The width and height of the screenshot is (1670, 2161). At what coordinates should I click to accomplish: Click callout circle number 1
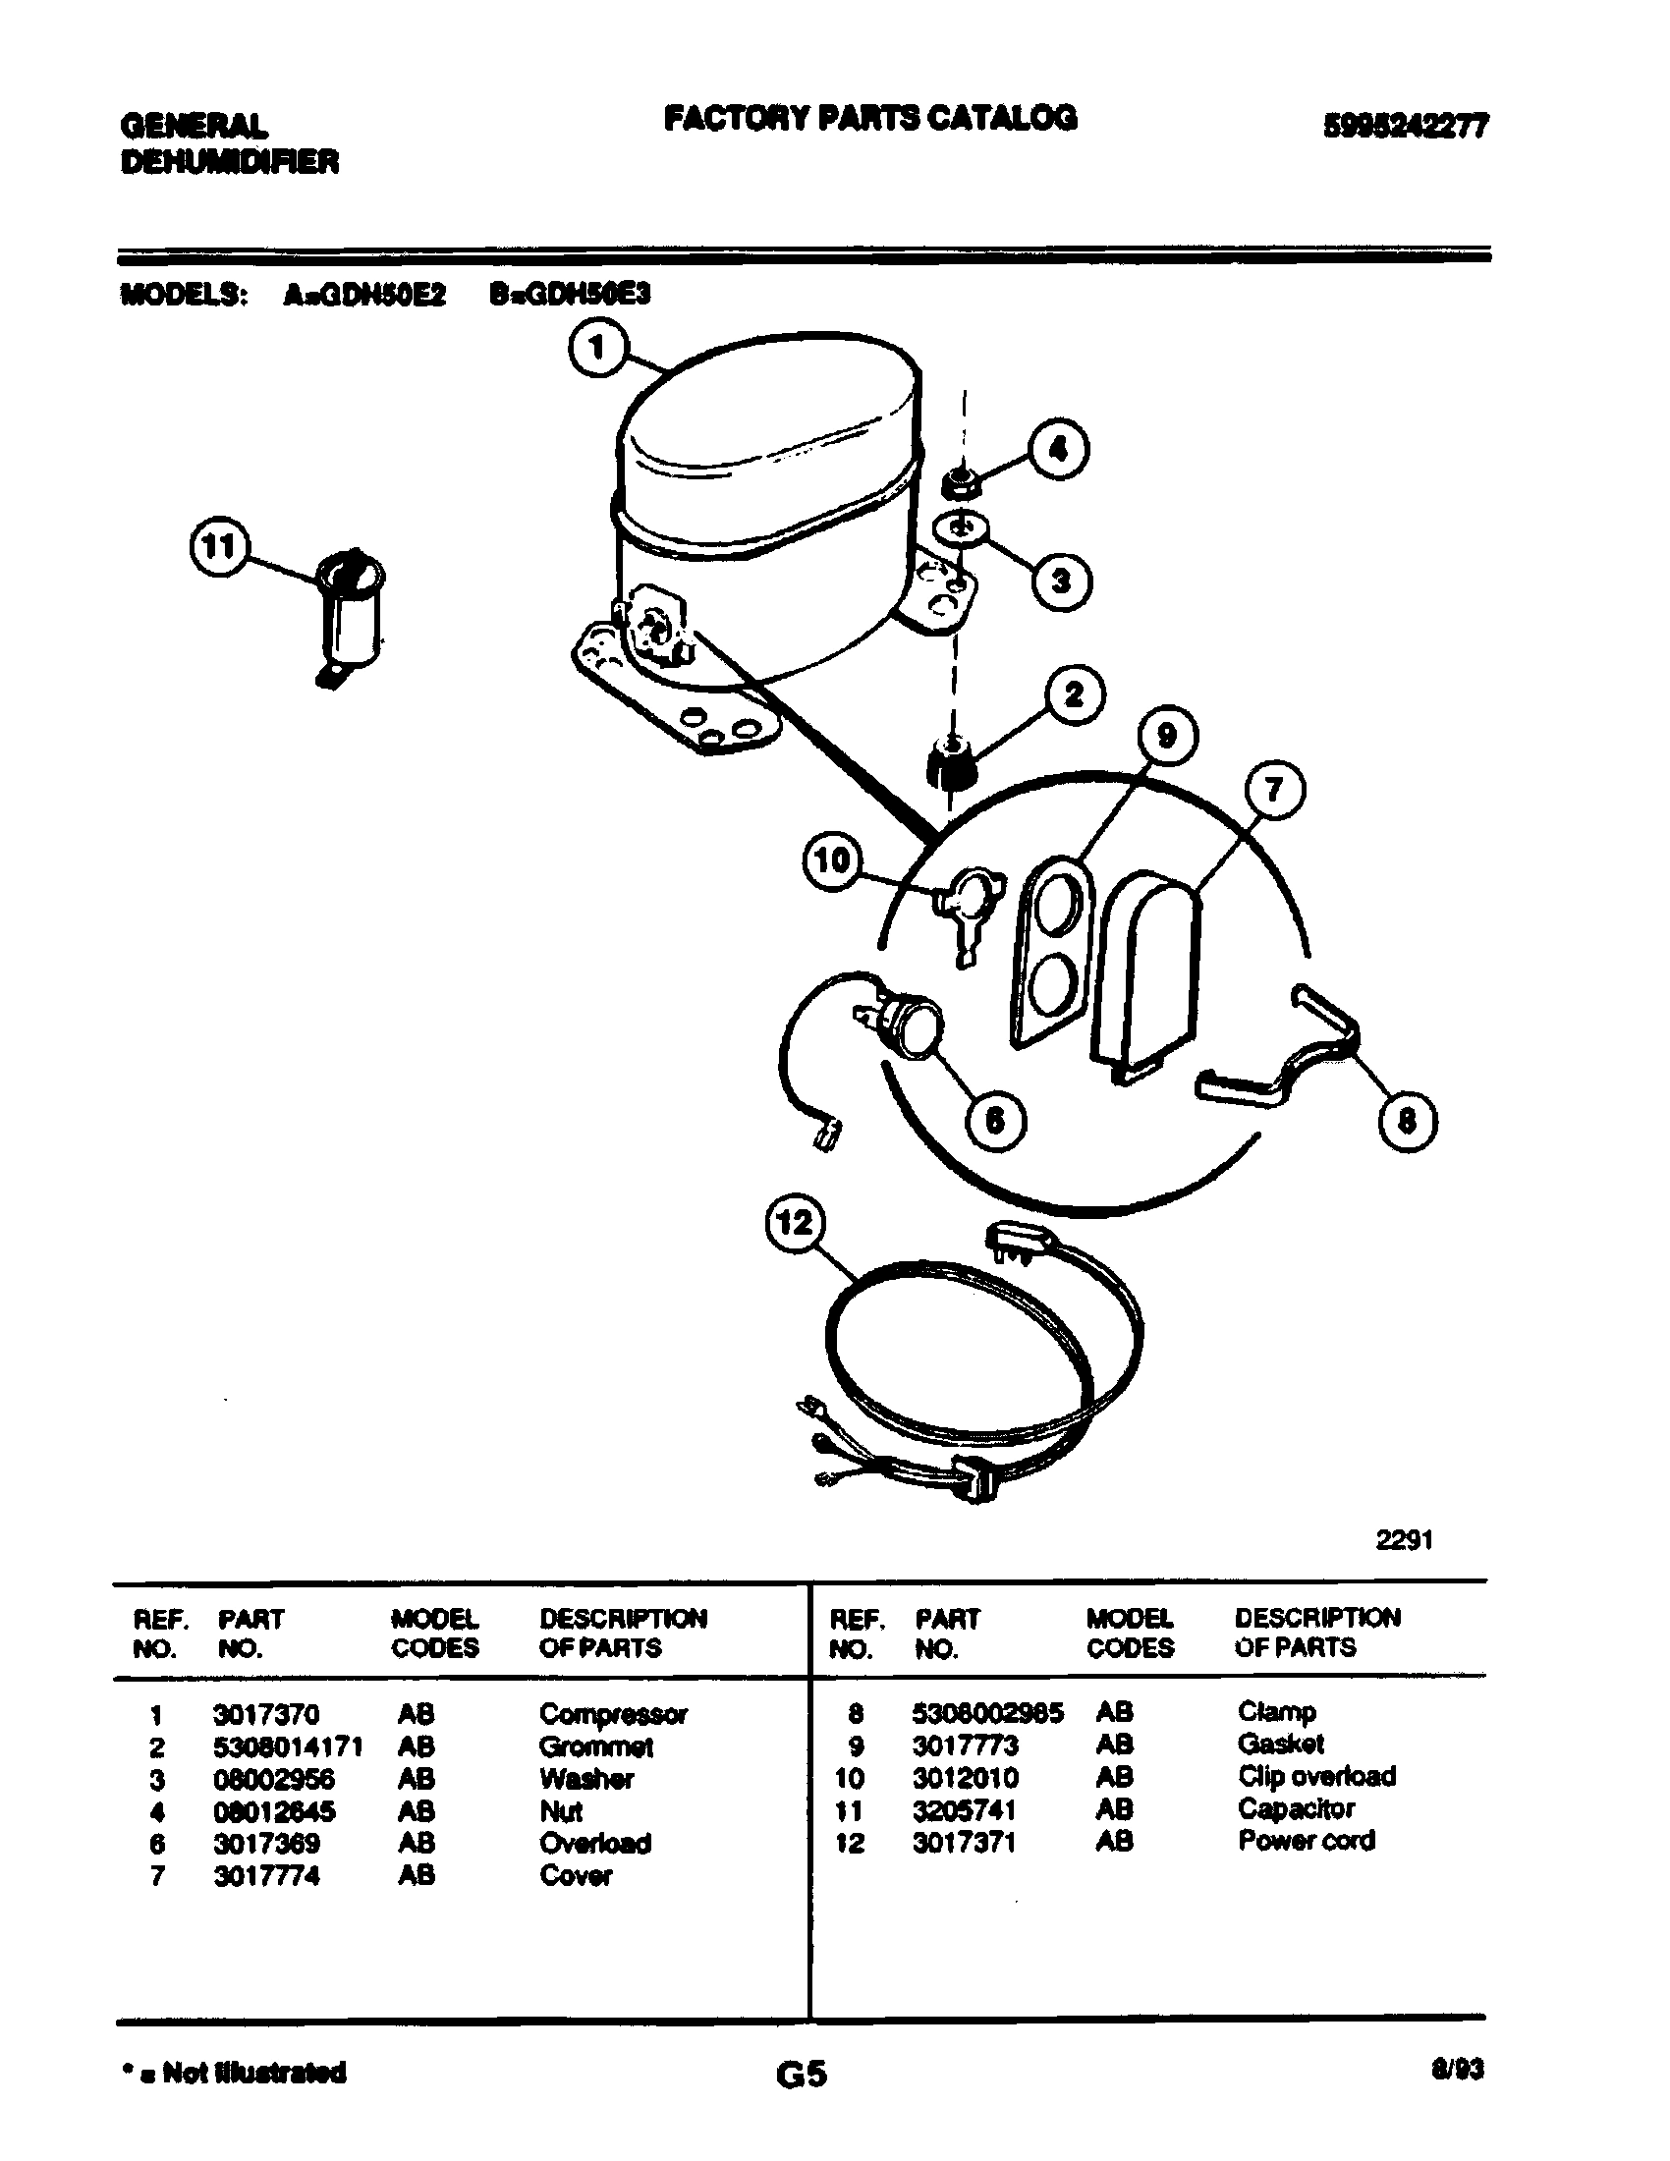pyautogui.click(x=597, y=352)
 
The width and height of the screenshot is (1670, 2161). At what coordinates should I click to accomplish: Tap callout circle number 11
pyautogui.click(x=219, y=547)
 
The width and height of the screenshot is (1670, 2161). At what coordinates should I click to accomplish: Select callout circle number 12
pyautogui.click(x=795, y=1223)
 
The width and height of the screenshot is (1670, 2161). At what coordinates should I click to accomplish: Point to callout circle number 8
pyautogui.click(x=1407, y=1121)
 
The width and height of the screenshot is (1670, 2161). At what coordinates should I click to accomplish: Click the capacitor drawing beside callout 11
pyautogui.click(x=350, y=614)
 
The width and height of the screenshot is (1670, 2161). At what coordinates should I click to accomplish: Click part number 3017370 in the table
pyautogui.click(x=266, y=1714)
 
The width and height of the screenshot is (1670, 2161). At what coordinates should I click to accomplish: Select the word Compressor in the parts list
pyautogui.click(x=612, y=1714)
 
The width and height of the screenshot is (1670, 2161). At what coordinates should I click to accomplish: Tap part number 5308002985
pyautogui.click(x=986, y=1713)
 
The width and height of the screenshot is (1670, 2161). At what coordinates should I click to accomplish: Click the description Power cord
pyautogui.click(x=1306, y=1841)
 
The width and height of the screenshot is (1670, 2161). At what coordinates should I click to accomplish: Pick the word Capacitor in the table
pyautogui.click(x=1296, y=1808)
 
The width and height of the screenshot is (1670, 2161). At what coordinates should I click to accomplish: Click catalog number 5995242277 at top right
pyautogui.click(x=1405, y=126)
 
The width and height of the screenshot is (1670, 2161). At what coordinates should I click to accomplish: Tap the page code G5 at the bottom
pyautogui.click(x=802, y=2073)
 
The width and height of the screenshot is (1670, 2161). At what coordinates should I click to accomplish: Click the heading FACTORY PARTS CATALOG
pyautogui.click(x=869, y=118)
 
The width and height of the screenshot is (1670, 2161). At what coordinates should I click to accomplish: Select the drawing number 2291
pyautogui.click(x=1404, y=1539)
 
